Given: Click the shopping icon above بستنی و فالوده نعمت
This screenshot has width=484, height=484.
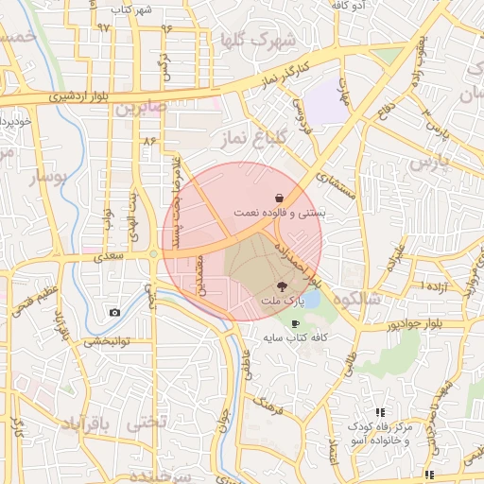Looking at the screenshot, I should click(281, 198).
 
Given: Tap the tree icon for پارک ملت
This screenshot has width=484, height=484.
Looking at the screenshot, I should click(281, 285).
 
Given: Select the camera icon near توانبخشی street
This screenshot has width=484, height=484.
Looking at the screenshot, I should click(114, 313).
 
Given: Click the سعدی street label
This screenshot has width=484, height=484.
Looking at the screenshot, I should click(110, 256).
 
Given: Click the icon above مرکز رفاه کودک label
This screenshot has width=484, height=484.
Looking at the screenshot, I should click(380, 412).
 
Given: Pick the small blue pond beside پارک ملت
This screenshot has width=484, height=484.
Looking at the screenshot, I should click(312, 302).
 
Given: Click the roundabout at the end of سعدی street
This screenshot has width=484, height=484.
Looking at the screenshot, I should click(153, 253).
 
